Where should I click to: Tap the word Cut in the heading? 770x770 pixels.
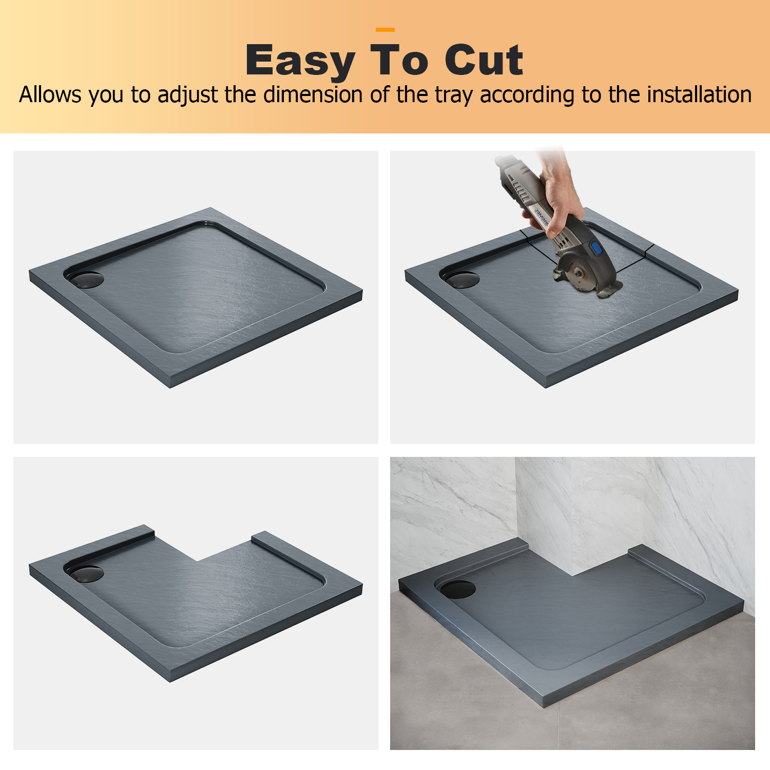[x=484, y=60]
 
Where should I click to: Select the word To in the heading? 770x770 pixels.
[x=399, y=60]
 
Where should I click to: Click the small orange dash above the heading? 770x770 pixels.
[x=385, y=30]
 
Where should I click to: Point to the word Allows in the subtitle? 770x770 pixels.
[x=50, y=95]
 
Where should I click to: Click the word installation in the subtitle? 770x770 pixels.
[x=699, y=95]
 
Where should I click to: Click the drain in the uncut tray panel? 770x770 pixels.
[x=86, y=280]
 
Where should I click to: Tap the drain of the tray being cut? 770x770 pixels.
[x=462, y=280]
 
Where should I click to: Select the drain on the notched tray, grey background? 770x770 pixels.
[x=86, y=573]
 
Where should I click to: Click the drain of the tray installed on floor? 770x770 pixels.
[x=458, y=589]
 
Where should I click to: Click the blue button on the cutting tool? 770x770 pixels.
[x=596, y=248]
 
